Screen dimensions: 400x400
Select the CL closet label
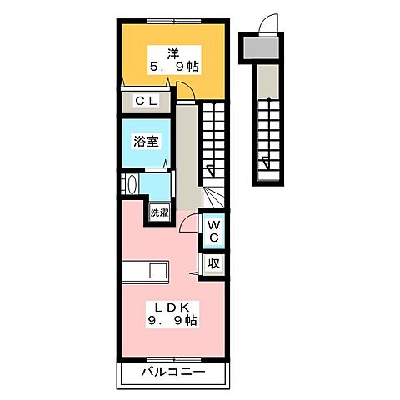click(x=147, y=102)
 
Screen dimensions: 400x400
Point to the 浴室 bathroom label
click(x=146, y=142)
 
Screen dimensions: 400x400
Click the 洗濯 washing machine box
click(x=158, y=213)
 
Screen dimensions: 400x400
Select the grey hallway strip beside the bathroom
click(x=187, y=150)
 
